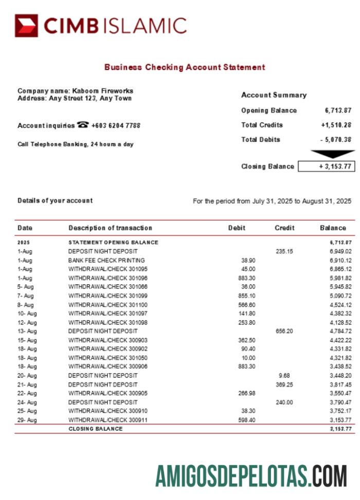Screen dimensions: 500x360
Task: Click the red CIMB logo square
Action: [x=26, y=26]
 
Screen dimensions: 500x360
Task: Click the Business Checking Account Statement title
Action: [x=185, y=67]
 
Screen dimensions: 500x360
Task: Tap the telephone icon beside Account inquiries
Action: [x=83, y=125]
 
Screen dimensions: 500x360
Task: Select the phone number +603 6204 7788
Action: [x=116, y=126]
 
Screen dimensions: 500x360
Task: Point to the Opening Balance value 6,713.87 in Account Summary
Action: [x=338, y=111]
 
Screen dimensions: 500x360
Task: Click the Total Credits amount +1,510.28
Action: [x=336, y=125]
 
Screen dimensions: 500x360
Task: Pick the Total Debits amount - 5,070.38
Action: [x=336, y=139]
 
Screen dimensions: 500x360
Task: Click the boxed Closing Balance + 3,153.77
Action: [x=327, y=166]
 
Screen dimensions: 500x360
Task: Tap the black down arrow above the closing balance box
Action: [x=332, y=154]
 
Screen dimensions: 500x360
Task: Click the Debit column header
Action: [x=237, y=228]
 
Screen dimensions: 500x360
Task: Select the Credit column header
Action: [x=284, y=228]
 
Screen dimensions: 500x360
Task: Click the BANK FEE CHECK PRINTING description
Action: [x=106, y=260]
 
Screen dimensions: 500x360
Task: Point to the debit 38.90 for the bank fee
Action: [x=248, y=260]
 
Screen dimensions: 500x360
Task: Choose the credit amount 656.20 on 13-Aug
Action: [x=284, y=331]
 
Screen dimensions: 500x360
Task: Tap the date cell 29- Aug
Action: [x=27, y=420]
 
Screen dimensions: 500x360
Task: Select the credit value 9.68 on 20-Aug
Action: [x=284, y=376]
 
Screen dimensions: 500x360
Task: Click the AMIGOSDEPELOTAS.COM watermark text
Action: [x=251, y=475]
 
